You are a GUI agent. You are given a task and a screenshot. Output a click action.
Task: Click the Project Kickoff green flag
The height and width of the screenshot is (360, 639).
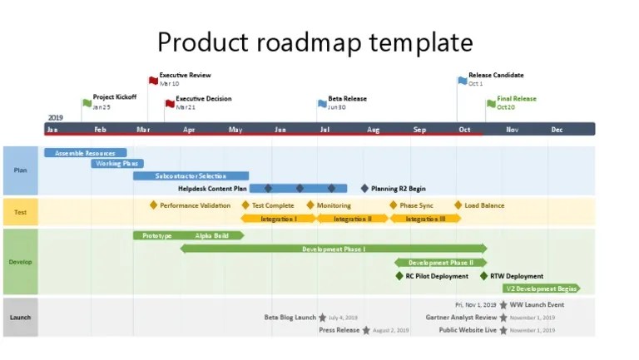(87, 103)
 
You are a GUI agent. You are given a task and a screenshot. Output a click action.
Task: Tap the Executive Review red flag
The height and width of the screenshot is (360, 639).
(153, 81)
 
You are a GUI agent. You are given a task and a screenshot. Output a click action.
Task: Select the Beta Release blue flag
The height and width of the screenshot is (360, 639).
(322, 103)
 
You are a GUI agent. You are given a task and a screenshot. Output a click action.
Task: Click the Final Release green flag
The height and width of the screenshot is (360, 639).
(491, 103)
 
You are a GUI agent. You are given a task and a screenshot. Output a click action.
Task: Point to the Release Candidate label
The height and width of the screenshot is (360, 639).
(496, 75)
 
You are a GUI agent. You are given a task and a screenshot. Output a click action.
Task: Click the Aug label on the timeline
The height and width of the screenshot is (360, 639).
(374, 130)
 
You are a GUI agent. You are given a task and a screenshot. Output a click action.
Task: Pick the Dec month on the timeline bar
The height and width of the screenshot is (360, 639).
(557, 130)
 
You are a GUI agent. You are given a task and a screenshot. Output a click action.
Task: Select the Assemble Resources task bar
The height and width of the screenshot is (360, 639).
(85, 153)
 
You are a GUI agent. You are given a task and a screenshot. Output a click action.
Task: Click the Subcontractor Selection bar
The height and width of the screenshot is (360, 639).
(191, 176)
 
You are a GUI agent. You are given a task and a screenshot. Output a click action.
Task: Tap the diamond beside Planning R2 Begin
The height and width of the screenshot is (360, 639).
(364, 189)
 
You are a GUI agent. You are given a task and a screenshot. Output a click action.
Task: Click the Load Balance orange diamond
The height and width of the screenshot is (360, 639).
(458, 205)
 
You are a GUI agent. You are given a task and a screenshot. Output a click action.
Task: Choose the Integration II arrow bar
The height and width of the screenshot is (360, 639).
(353, 219)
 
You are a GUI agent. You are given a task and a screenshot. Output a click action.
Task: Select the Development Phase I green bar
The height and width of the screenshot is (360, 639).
(334, 249)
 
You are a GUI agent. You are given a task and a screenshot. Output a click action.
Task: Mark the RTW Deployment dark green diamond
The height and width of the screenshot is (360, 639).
(483, 276)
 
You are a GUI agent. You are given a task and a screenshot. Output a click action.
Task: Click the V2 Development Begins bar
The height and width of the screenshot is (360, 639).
(542, 288)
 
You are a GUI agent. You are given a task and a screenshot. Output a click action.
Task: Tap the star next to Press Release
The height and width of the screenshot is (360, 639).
(366, 330)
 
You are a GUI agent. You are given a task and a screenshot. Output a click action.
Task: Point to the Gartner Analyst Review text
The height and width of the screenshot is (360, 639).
(461, 318)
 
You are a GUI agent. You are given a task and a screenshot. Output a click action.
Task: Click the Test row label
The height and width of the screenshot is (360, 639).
(20, 212)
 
